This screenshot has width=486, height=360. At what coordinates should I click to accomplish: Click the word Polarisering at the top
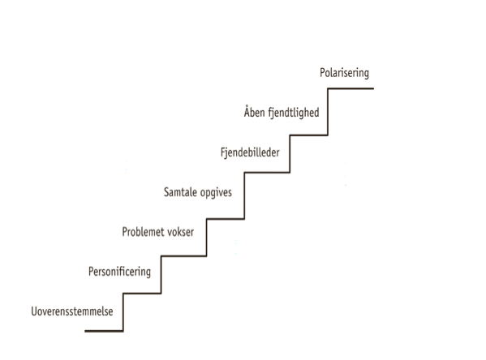click(x=344, y=73)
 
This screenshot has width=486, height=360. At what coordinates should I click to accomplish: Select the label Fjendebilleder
click(x=250, y=152)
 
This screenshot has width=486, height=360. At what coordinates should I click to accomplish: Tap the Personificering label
click(x=119, y=272)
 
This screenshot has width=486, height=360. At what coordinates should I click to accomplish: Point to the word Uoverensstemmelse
click(x=72, y=311)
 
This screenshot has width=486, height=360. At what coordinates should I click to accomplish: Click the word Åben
click(x=254, y=111)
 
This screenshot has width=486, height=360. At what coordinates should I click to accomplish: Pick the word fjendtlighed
click(x=294, y=113)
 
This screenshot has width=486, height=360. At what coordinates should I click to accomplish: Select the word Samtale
click(x=180, y=192)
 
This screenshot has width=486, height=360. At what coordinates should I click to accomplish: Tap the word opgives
click(x=216, y=193)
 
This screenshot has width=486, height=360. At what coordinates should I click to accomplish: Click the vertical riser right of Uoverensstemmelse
click(x=123, y=312)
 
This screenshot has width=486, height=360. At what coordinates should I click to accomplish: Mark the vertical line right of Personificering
click(x=161, y=275)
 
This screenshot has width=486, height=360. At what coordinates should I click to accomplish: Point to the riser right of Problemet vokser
click(x=207, y=238)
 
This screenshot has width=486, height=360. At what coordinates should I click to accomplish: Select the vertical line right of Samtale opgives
click(x=244, y=195)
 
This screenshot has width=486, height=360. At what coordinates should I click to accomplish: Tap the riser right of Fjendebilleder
click(x=290, y=154)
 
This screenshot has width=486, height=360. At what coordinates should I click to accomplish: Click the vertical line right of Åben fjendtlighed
click(x=328, y=112)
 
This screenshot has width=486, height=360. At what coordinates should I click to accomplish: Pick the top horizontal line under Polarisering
click(x=351, y=88)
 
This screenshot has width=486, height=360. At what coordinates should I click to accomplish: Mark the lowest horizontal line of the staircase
click(x=104, y=331)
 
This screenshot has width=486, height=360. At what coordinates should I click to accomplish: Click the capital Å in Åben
click(x=247, y=111)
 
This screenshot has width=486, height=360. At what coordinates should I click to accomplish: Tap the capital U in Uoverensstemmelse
click(x=34, y=311)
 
